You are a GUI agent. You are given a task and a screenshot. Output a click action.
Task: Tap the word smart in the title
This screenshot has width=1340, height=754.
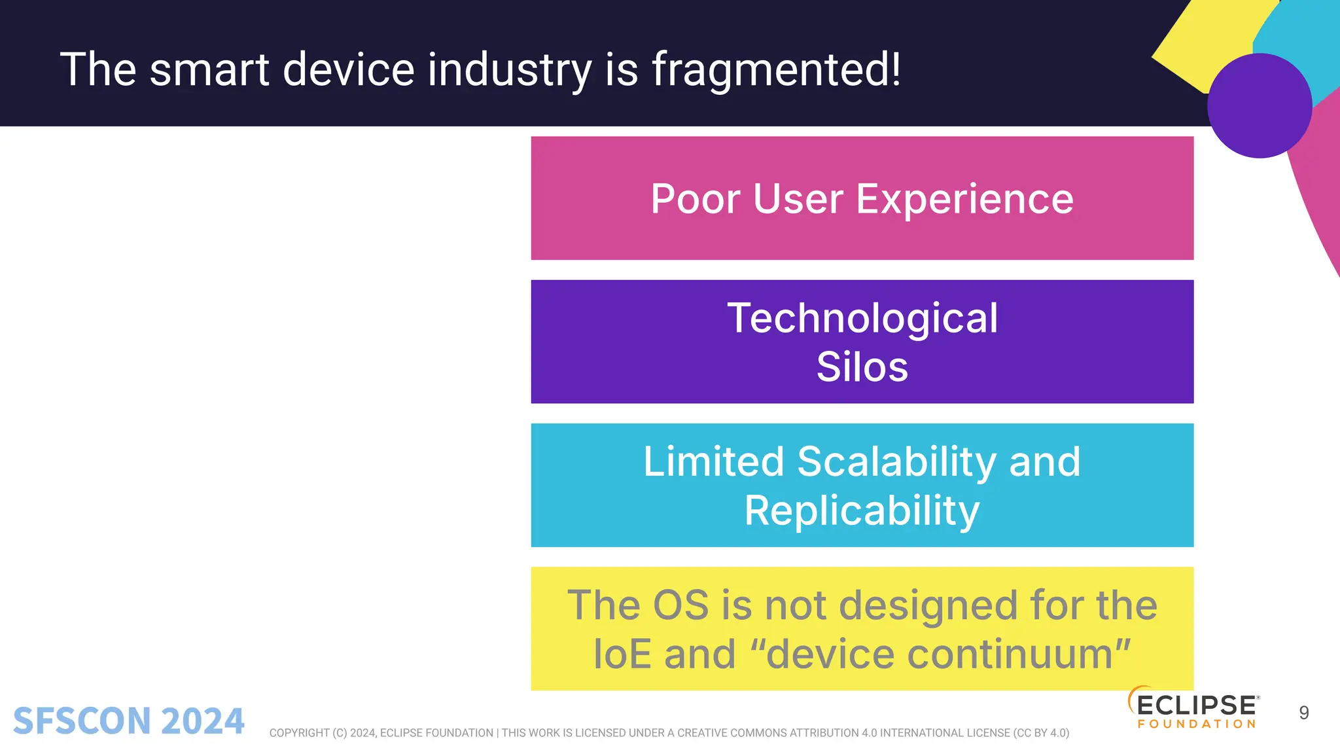tap(209, 69)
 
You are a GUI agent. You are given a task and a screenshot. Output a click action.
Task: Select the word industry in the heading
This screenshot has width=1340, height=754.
tap(509, 69)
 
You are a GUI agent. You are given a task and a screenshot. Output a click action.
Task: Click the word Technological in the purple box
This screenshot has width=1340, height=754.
tap(862, 319)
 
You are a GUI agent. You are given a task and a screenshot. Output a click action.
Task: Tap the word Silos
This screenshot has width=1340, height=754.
tap(862, 367)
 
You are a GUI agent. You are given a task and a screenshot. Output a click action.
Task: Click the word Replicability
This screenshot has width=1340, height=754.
tap(862, 511)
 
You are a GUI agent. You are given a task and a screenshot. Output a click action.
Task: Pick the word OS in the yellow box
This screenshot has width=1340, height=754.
tap(680, 605)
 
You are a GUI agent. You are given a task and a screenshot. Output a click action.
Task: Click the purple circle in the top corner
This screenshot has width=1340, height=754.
tap(1259, 106)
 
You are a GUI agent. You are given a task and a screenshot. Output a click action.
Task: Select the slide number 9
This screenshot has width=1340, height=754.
tap(1303, 713)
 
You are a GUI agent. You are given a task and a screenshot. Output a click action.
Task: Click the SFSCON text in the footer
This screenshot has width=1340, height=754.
tap(82, 721)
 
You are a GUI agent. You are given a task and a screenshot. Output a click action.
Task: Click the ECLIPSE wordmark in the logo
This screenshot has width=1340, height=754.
tap(1197, 706)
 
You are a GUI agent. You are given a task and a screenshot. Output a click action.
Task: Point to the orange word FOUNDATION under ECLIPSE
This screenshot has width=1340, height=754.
tap(1197, 724)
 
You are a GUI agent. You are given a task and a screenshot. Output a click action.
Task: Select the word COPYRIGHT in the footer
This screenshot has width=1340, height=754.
tap(299, 733)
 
